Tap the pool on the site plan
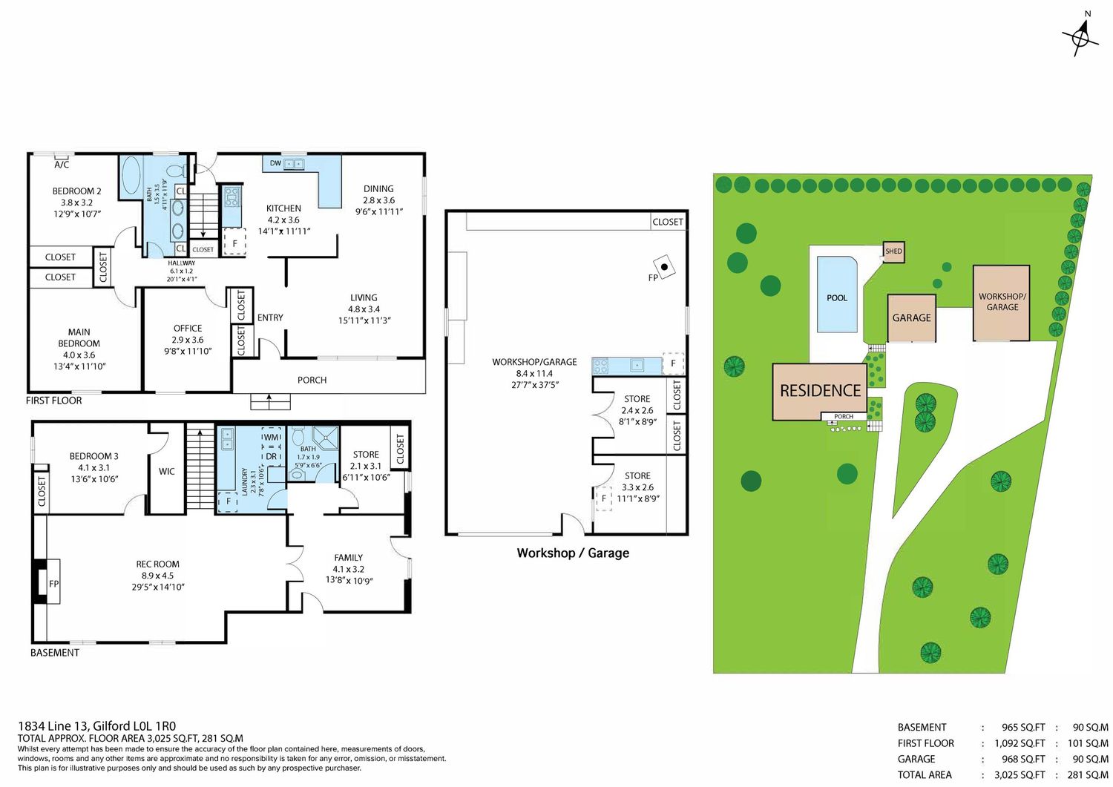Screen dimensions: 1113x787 click(837, 294)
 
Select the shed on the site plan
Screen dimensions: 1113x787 click(893, 252)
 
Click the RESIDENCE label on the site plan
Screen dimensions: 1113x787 click(821, 390)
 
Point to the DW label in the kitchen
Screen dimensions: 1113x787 click(275, 163)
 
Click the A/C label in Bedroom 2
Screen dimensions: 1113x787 click(62, 165)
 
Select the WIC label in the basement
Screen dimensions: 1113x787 click(167, 471)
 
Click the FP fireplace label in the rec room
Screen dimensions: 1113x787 click(53, 584)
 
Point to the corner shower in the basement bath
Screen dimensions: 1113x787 click(326, 438)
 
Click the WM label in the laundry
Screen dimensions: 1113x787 click(271, 438)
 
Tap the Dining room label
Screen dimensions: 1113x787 click(378, 189)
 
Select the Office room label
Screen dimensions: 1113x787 click(188, 329)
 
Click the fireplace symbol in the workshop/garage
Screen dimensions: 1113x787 click(664, 267)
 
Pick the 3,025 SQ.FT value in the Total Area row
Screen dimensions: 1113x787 click(1020, 774)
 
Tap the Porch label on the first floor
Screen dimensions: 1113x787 click(312, 380)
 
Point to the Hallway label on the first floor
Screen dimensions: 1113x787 click(181, 263)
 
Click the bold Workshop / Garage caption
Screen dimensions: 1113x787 click(573, 553)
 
